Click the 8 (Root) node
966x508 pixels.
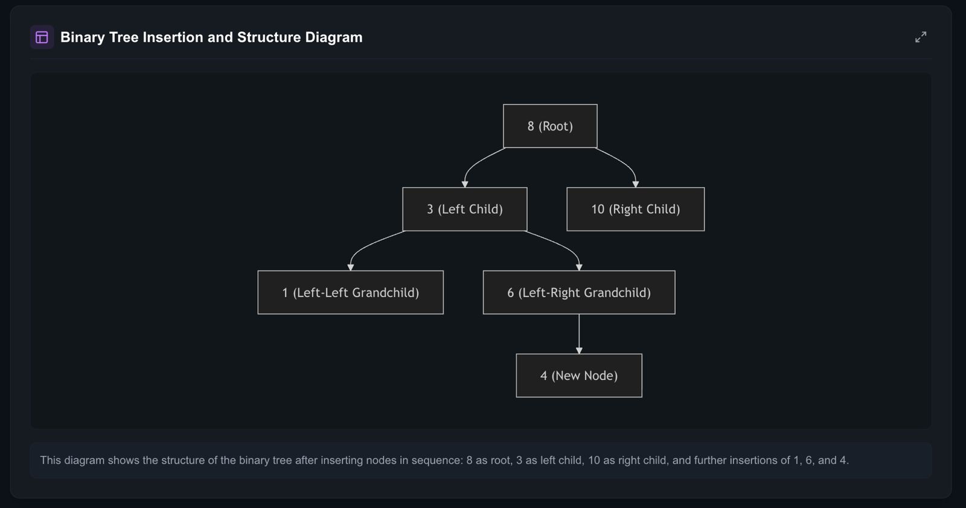(550, 126)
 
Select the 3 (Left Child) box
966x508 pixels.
(464, 210)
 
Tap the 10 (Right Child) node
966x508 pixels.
(635, 210)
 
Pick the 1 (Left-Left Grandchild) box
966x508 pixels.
(350, 293)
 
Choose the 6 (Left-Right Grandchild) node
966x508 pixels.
(578, 293)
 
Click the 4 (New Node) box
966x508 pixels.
(578, 376)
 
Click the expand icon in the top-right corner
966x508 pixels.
(920, 37)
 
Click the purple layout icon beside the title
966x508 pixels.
(42, 37)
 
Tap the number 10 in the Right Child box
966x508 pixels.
(598, 210)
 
